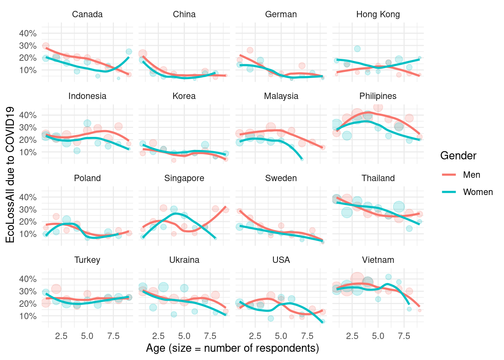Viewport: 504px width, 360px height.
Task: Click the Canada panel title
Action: pyautogui.click(x=87, y=14)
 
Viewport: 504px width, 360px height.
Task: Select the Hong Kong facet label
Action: pyautogui.click(x=378, y=14)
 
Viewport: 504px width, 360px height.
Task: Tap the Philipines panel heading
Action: pyautogui.click(x=378, y=96)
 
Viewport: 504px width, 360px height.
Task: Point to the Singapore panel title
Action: pyautogui.click(x=184, y=178)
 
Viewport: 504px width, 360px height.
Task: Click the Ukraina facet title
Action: pyautogui.click(x=184, y=260)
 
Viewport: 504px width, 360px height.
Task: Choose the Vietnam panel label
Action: pyautogui.click(x=378, y=260)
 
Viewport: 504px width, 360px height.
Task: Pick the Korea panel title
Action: pyautogui.click(x=184, y=96)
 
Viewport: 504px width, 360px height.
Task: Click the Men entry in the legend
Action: pyautogui.click(x=471, y=175)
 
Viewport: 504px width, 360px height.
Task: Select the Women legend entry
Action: pyautogui.click(x=478, y=192)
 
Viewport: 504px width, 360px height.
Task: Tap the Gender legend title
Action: pyautogui.click(x=458, y=156)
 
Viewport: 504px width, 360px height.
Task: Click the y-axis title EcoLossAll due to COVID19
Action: pyautogui.click(x=10, y=175)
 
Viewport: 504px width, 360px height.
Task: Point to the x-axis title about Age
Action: pyautogui.click(x=232, y=348)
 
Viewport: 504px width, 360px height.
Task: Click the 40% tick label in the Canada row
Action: pyautogui.click(x=28, y=33)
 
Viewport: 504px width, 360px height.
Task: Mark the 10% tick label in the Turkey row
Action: pyautogui.click(x=28, y=316)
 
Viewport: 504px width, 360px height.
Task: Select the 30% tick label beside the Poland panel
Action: pyautogui.click(x=28, y=209)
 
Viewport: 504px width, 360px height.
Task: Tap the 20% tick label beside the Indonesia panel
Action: pyautogui.click(x=28, y=140)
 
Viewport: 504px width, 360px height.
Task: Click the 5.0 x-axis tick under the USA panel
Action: pyautogui.click(x=281, y=336)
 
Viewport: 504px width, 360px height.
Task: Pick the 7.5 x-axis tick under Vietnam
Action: pyautogui.click(x=404, y=336)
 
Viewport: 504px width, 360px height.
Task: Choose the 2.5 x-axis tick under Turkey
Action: pyautogui.click(x=61, y=336)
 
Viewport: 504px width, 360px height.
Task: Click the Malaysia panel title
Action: pyautogui.click(x=281, y=96)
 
